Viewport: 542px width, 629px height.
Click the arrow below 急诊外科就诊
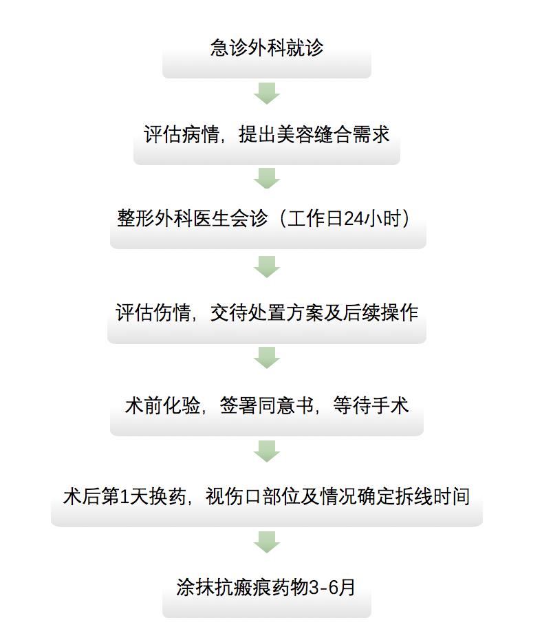coord(267,94)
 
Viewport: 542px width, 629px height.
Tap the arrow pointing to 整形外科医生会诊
coord(267,178)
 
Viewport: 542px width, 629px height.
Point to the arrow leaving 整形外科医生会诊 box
coord(267,267)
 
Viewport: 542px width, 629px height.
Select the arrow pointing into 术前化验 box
coord(267,358)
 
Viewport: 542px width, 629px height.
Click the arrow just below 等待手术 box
coord(267,451)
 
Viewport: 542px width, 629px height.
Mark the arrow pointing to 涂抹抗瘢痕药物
coord(267,542)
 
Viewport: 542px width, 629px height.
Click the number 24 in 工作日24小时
coord(353,219)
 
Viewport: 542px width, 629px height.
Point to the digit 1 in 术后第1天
coord(124,498)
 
